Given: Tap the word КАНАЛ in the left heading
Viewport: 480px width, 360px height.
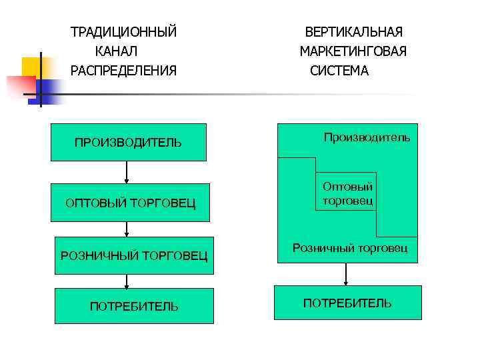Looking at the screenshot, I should tap(116, 51).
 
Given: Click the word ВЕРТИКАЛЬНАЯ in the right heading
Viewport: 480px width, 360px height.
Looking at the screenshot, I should tap(353, 32).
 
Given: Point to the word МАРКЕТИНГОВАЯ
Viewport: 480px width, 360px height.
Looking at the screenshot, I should tap(353, 51).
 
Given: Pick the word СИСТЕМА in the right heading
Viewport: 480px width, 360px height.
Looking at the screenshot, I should tap(339, 71).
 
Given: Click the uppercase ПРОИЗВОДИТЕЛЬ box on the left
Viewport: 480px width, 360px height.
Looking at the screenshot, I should tap(128, 142).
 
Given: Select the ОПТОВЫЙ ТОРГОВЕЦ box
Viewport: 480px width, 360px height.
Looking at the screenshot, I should tap(131, 203).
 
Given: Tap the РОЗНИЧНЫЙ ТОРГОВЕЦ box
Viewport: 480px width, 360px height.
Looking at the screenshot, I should tap(134, 255).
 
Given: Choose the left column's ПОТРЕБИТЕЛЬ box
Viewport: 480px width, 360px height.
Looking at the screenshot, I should tap(134, 306).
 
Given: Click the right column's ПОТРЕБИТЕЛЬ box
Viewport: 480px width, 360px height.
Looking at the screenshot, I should tap(347, 303).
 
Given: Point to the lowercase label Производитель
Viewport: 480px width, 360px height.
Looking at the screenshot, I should tap(367, 137).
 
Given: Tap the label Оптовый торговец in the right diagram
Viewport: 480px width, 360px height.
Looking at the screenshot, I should tap(347, 194).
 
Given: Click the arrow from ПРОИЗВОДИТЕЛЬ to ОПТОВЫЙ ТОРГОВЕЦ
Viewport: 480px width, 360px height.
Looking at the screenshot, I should tap(126, 172).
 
